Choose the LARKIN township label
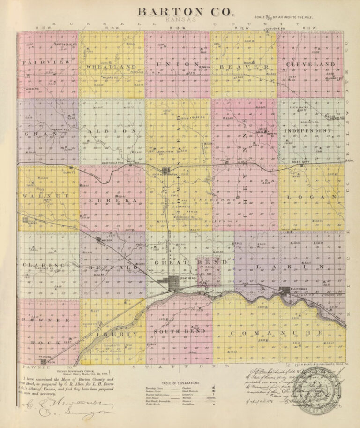point(288,267)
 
